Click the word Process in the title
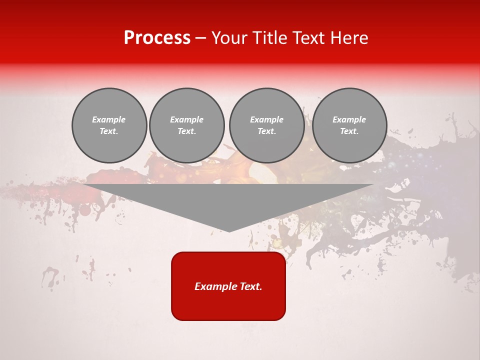[157, 38]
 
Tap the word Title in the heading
[267, 38]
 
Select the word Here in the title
[350, 38]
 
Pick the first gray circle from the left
[109, 125]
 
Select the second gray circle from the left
[186, 125]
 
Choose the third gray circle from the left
[266, 125]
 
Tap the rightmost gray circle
[349, 125]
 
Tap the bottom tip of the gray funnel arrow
[229, 230]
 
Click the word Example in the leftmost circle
[109, 119]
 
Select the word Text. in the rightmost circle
[349, 131]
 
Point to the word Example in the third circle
[266, 119]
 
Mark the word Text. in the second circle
[186, 131]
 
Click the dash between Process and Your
[201, 38]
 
